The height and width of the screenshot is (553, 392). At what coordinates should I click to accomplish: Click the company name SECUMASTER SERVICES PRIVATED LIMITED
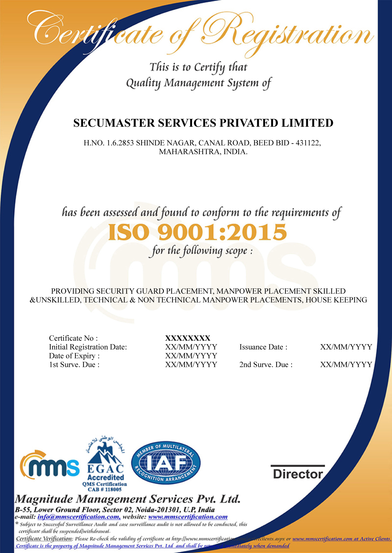click(x=203, y=123)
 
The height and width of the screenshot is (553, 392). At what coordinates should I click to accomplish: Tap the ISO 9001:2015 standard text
click(x=197, y=232)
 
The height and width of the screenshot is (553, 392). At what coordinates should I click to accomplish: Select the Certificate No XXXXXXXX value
click(x=188, y=338)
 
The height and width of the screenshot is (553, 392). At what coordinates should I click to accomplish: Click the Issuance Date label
click(x=263, y=347)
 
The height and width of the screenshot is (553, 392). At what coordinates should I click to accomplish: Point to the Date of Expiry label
click(x=74, y=356)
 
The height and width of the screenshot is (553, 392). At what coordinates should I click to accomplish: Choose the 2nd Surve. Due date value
click(x=346, y=365)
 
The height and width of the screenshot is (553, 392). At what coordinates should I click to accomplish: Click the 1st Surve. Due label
click(x=74, y=365)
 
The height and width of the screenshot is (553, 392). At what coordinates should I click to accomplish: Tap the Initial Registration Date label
click(x=88, y=347)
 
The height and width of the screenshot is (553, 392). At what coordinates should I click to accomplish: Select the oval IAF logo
click(x=165, y=463)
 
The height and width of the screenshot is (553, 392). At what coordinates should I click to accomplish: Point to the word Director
click(x=298, y=474)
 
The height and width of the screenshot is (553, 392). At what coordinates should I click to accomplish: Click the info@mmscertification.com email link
click(x=79, y=517)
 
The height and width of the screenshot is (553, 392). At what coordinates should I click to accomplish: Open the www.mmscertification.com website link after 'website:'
click(x=188, y=517)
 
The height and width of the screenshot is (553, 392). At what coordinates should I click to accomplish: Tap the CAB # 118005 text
click(x=105, y=489)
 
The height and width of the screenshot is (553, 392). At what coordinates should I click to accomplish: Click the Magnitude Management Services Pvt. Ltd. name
click(x=128, y=499)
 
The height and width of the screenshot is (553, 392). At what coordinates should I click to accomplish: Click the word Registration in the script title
click(x=286, y=33)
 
